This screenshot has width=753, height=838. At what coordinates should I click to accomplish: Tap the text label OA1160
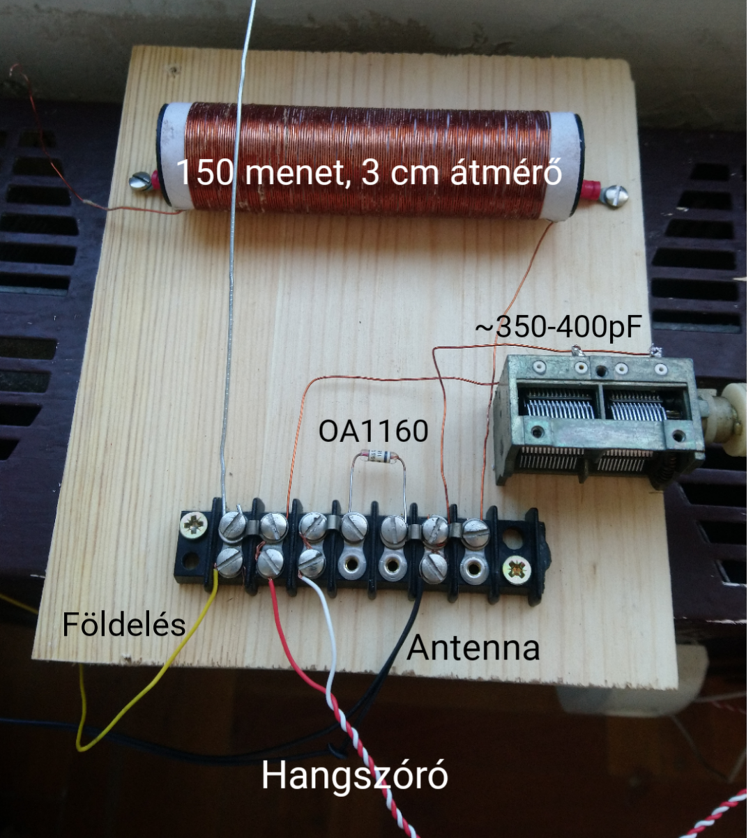[x=373, y=431]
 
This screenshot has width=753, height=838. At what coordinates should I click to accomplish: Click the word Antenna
[x=473, y=648]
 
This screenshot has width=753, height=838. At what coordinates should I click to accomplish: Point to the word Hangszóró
[x=354, y=775]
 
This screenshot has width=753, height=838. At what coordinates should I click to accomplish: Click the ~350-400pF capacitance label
[x=558, y=328]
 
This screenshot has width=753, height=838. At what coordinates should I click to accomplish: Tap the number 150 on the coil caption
[x=203, y=172]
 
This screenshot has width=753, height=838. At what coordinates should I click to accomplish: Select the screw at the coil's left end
[x=140, y=183]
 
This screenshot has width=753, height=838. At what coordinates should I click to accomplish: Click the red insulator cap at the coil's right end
[x=591, y=188]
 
